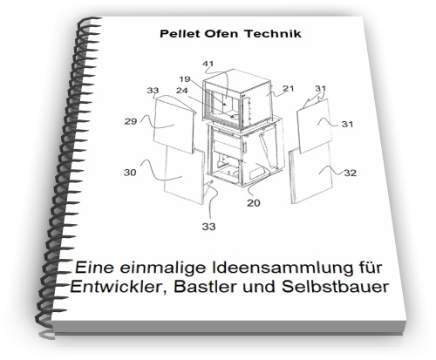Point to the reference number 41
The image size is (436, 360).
pyautogui.click(x=208, y=64)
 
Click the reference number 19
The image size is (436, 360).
pyautogui.click(x=185, y=79)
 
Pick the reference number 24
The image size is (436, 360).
pyautogui.click(x=182, y=91)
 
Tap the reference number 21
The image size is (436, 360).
pyautogui.click(x=288, y=88)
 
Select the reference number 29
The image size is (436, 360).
pyautogui.click(x=131, y=121)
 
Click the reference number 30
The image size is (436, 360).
pyautogui.click(x=130, y=173)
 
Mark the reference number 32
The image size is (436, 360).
pyautogui.click(x=350, y=173)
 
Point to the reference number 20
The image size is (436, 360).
pyautogui.click(x=254, y=203)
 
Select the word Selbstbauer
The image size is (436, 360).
pyautogui.click(x=335, y=287)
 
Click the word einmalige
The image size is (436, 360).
pyautogui.click(x=164, y=268)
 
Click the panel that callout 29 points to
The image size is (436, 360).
pyautogui.click(x=174, y=125)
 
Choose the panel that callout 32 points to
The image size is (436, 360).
pyautogui.click(x=311, y=176)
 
